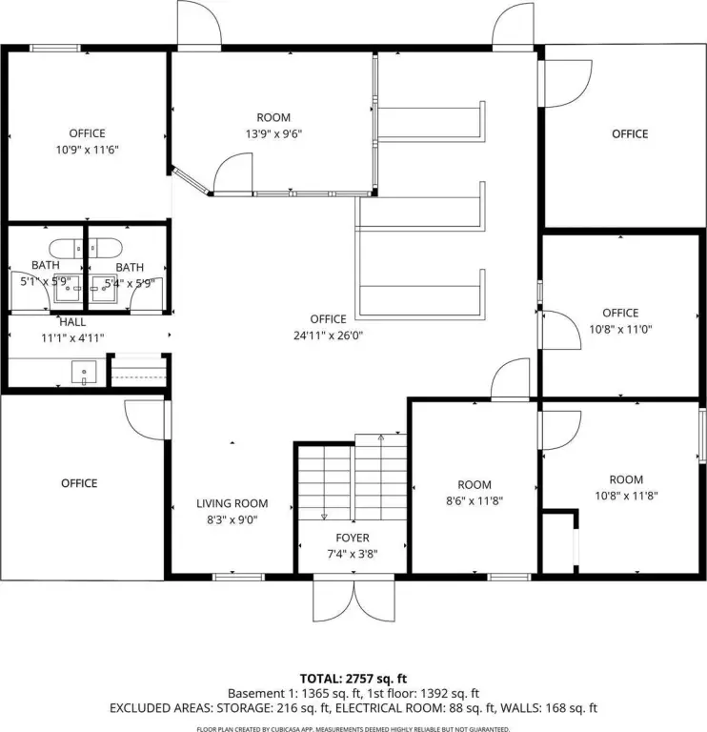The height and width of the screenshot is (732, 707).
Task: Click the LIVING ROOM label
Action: [x=232, y=503]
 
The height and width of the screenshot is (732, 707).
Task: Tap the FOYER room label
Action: [x=353, y=538]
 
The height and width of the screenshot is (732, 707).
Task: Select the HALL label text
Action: [x=72, y=322]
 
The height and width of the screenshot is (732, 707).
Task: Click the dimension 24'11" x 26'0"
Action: [x=328, y=335]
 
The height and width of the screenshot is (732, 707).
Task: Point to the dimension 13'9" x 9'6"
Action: [x=273, y=134]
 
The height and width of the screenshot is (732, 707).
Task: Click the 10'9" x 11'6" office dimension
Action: [x=88, y=150]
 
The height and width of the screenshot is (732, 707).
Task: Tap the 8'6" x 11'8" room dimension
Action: [x=475, y=501]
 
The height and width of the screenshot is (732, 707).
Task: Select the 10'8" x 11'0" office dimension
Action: [x=620, y=329]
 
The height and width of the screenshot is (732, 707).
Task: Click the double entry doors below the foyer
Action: [x=353, y=599]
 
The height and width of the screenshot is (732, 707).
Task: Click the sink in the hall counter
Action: [x=84, y=373]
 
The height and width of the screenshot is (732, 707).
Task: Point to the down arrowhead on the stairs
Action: [x=324, y=517]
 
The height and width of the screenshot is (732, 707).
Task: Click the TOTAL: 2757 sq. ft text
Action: [x=353, y=679]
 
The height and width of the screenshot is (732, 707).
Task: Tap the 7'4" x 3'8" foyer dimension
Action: [x=353, y=554]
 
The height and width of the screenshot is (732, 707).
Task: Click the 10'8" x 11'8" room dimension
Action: [x=626, y=496]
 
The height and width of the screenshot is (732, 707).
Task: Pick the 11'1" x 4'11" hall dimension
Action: [x=72, y=338]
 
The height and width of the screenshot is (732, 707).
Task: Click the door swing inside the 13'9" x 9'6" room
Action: [x=233, y=172]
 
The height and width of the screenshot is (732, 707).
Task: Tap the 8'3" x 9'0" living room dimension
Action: [x=232, y=519]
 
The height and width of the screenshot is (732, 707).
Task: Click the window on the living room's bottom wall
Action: [x=238, y=577]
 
